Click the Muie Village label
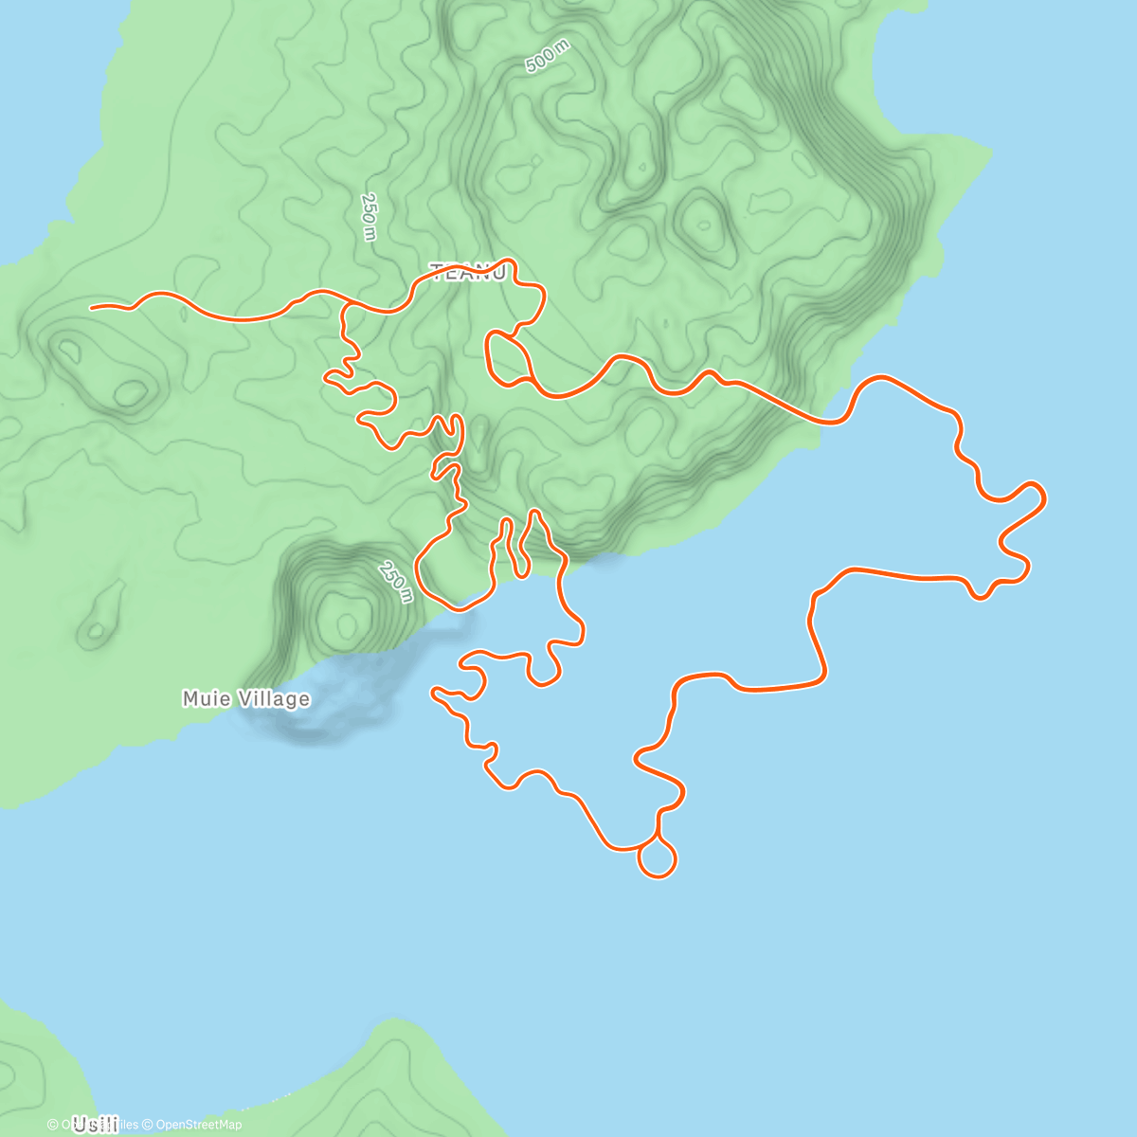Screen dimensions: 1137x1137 [x=245, y=699]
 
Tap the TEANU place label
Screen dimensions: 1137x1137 [x=468, y=273]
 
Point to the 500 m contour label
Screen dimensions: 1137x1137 [x=548, y=59]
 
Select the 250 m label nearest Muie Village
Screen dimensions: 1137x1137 [x=396, y=581]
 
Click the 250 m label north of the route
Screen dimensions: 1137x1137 [x=369, y=216]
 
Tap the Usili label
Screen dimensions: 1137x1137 [x=95, y=1125]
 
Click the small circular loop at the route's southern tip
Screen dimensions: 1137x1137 [x=658, y=859]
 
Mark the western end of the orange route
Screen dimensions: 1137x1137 [x=92, y=307]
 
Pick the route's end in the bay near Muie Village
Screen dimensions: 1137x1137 [x=434, y=692]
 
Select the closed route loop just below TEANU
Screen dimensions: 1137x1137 [x=506, y=360]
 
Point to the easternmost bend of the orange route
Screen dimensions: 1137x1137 [x=1044, y=496]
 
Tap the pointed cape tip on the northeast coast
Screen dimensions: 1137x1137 [x=991, y=151]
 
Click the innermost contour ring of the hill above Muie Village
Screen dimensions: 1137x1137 [x=345, y=623]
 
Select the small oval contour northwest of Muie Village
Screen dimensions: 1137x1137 [x=95, y=631]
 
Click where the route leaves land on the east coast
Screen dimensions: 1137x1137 [x=834, y=422]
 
